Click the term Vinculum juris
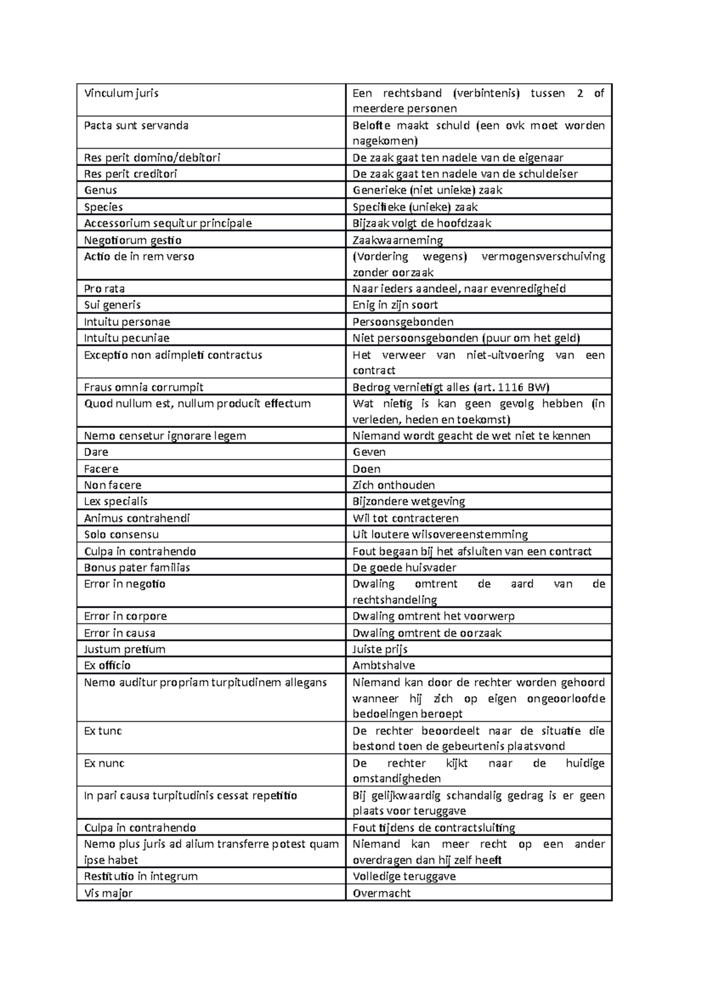121,93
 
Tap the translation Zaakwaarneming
397,240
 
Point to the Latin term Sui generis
112,305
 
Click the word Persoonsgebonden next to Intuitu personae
402,321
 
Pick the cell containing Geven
369,452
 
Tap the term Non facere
112,485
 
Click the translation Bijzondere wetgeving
408,501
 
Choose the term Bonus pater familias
137,567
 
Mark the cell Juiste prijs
380,649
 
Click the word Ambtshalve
383,665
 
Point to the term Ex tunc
103,731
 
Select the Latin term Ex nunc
104,763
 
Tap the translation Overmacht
381,893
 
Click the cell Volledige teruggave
404,876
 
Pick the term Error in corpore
125,616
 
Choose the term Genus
100,190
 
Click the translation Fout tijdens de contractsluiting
433,828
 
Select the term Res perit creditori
130,174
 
